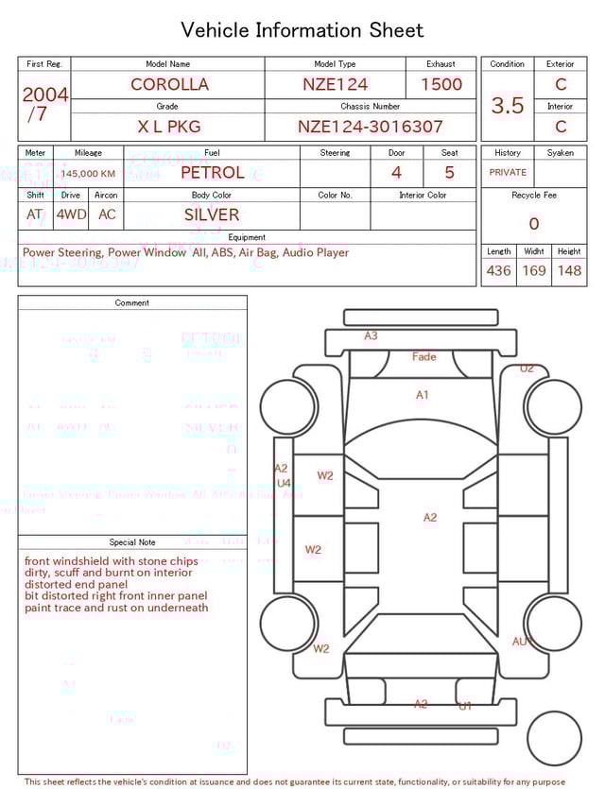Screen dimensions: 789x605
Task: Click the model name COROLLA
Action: click(x=169, y=84)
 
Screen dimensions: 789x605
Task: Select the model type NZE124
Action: click(x=336, y=84)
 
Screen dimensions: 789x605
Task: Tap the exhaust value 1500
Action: click(x=441, y=84)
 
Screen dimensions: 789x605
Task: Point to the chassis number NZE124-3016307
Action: click(x=371, y=127)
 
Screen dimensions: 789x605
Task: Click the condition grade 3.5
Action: click(x=508, y=106)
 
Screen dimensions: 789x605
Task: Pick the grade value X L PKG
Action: click(x=168, y=127)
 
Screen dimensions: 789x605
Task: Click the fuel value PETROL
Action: click(x=212, y=173)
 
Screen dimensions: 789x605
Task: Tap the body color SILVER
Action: click(x=212, y=214)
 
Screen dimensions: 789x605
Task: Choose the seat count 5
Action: click(x=449, y=173)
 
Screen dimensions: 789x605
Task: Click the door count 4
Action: click(x=396, y=173)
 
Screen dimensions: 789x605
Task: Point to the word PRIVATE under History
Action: click(x=508, y=173)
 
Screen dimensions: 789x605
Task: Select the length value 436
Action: click(x=498, y=271)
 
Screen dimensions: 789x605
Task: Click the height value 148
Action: click(x=569, y=271)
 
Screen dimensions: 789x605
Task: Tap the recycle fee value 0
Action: click(x=534, y=224)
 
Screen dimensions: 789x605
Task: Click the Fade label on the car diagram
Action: click(x=424, y=357)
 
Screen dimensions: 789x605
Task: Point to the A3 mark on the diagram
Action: click(x=371, y=335)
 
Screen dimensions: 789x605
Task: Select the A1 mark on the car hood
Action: click(x=423, y=395)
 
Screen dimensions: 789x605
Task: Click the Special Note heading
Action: click(x=132, y=542)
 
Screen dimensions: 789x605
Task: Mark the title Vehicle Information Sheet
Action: click(x=302, y=30)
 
